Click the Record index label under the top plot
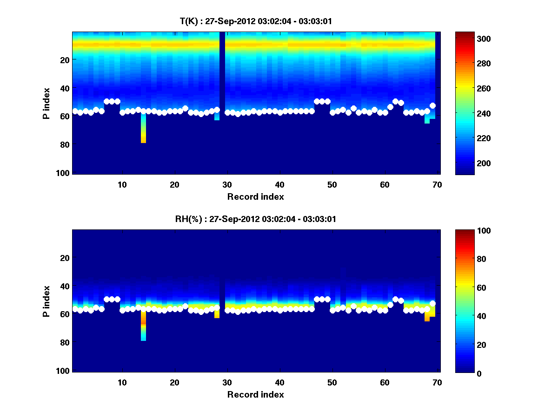click(x=255, y=196)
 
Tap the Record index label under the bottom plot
click(x=255, y=394)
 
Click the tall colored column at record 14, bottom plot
click(x=143, y=325)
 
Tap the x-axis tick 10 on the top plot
click(x=122, y=184)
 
